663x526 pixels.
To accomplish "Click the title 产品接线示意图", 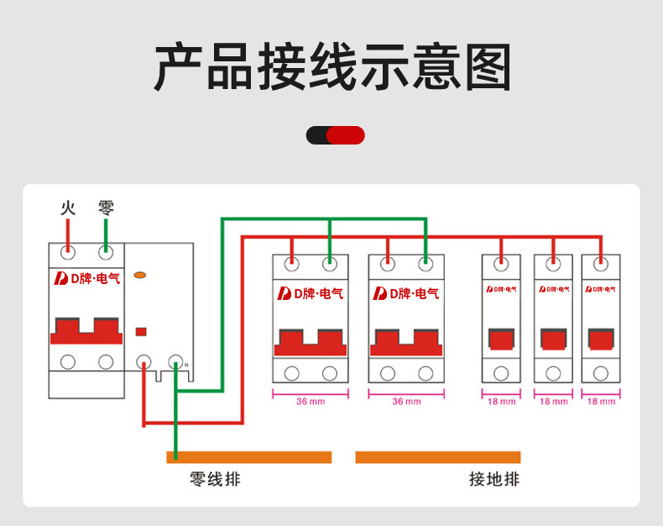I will pos(332,67).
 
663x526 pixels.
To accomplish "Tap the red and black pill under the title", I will pos(335,135).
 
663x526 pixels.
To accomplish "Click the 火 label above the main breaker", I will pos(68,207).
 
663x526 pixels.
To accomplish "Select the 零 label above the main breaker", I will pos(106,207).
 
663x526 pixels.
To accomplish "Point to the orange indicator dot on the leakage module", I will pos(141,275).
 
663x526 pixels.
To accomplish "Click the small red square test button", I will pos(142,331).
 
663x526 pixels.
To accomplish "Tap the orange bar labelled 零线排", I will pos(249,457).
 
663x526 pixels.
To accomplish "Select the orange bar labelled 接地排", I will pos(437,457).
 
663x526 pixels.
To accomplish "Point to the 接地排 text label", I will pos(493,480).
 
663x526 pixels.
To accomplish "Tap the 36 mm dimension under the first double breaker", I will pos(311,401).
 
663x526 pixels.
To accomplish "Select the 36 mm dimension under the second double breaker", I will pos(406,401).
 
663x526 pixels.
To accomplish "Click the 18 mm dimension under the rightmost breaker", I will pos(601,402).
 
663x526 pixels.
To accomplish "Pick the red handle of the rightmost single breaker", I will pos(601,339).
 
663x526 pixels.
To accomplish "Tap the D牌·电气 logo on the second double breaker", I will pos(406,293).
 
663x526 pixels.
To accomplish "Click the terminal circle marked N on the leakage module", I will pos(175,362).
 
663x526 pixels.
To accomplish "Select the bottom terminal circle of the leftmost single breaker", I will pos(502,374).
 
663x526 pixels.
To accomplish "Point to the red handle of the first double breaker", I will pos(311,343).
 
